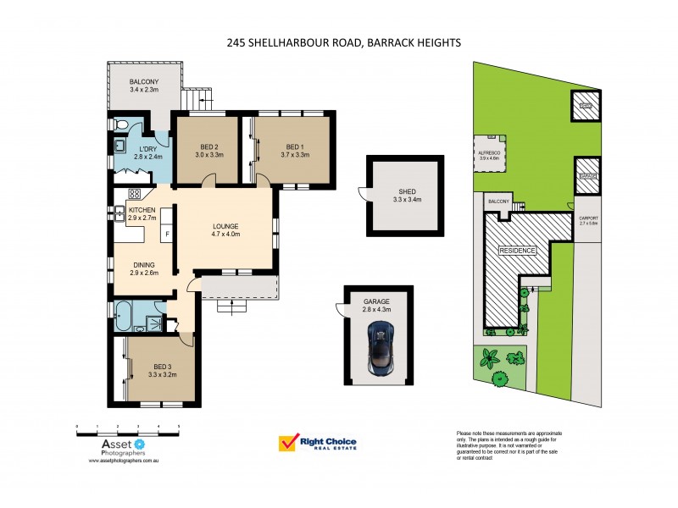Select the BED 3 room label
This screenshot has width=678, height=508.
(x=161, y=366)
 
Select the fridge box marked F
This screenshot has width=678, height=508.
(x=168, y=235)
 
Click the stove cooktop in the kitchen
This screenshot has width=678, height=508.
(x=134, y=194)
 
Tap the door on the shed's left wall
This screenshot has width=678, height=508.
(x=363, y=196)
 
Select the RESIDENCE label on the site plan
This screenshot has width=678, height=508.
(x=516, y=251)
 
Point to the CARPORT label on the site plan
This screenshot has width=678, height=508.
(x=588, y=218)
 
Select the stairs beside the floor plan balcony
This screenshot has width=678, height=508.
(x=197, y=100)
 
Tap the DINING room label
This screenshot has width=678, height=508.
(x=143, y=264)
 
